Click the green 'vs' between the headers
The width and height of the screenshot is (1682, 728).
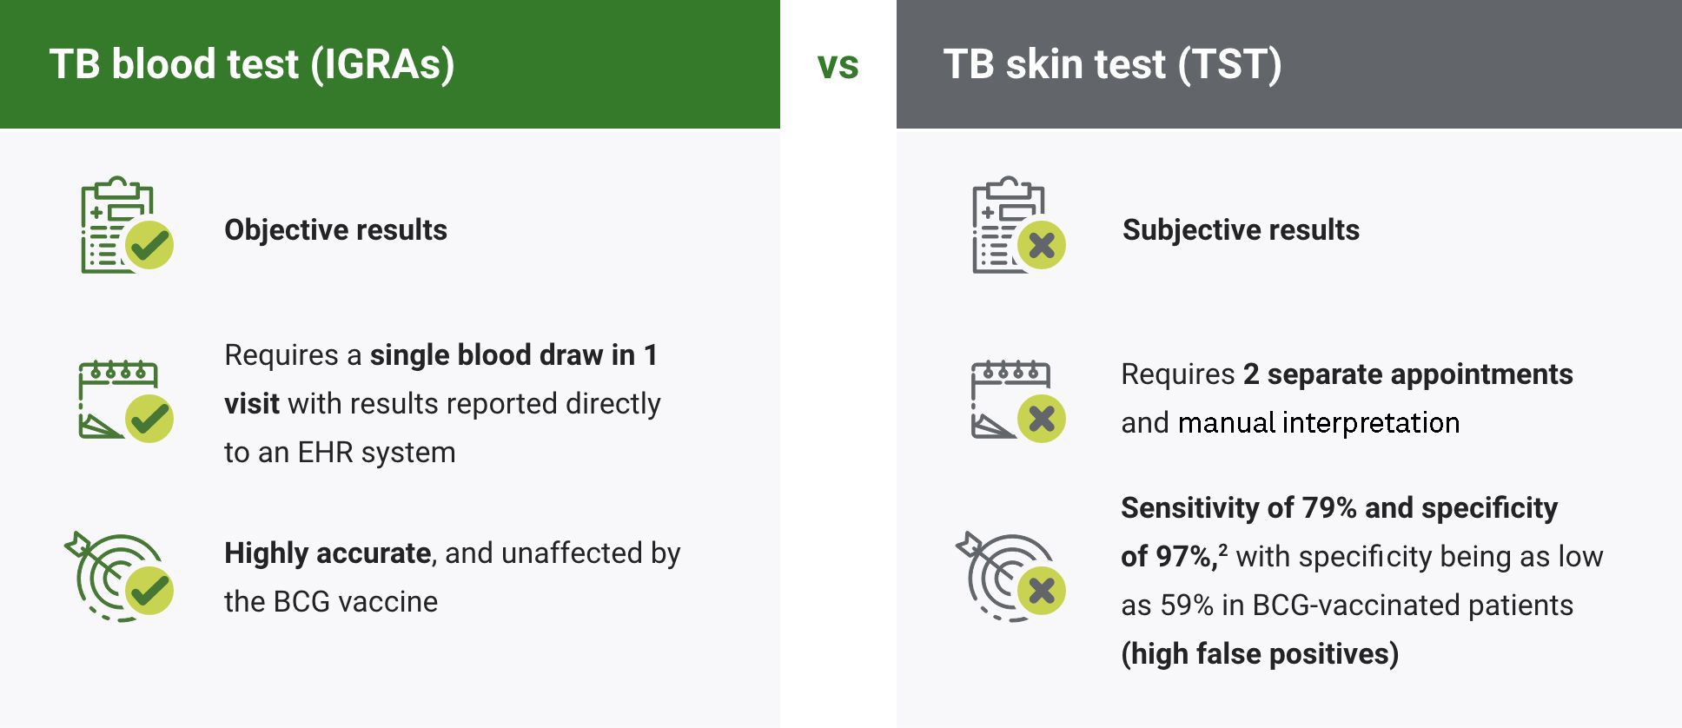(838, 66)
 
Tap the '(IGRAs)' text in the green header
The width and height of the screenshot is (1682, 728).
(382, 64)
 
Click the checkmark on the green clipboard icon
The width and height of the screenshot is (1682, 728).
(149, 245)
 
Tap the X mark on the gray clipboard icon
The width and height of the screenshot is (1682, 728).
(1042, 245)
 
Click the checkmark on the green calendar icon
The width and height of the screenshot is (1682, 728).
(149, 419)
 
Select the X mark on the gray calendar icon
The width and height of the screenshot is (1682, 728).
(1042, 419)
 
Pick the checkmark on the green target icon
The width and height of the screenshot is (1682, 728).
(149, 591)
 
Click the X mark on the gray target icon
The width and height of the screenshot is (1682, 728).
(1042, 591)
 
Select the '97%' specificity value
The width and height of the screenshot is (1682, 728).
(1185, 557)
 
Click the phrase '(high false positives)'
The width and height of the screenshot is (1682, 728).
(1260, 654)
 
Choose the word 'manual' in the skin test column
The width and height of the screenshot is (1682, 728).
(1226, 423)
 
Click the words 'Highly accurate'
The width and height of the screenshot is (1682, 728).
(328, 553)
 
